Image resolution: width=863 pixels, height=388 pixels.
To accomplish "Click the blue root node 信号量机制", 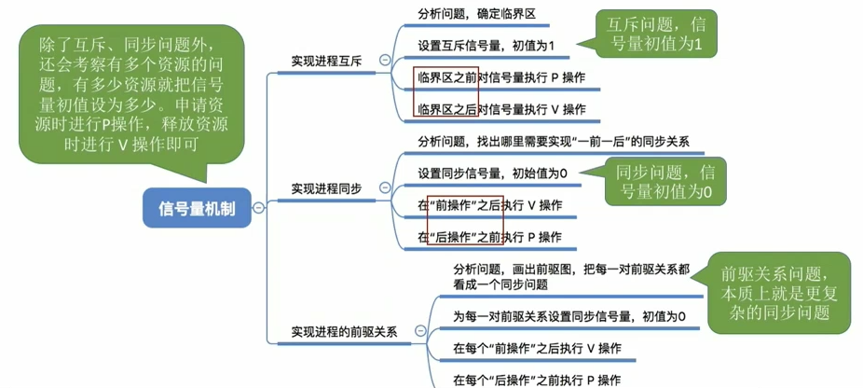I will pos(197,209).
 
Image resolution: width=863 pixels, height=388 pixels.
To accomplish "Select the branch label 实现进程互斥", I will pos(326,61).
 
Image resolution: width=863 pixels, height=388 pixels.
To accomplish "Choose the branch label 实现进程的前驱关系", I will pos(344,331).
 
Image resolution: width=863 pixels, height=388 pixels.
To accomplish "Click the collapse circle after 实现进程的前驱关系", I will pos(420,331).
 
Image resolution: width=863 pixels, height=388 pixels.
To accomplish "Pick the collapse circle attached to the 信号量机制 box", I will pos(258,209).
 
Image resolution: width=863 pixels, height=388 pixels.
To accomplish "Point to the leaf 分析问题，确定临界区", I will pos(476,14).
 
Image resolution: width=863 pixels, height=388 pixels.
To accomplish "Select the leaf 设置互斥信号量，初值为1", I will pos(487,45).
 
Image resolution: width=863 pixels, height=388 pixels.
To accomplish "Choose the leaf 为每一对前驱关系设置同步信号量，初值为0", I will pos(568,317).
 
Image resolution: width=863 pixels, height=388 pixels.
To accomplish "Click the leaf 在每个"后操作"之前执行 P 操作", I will pos(537,380).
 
